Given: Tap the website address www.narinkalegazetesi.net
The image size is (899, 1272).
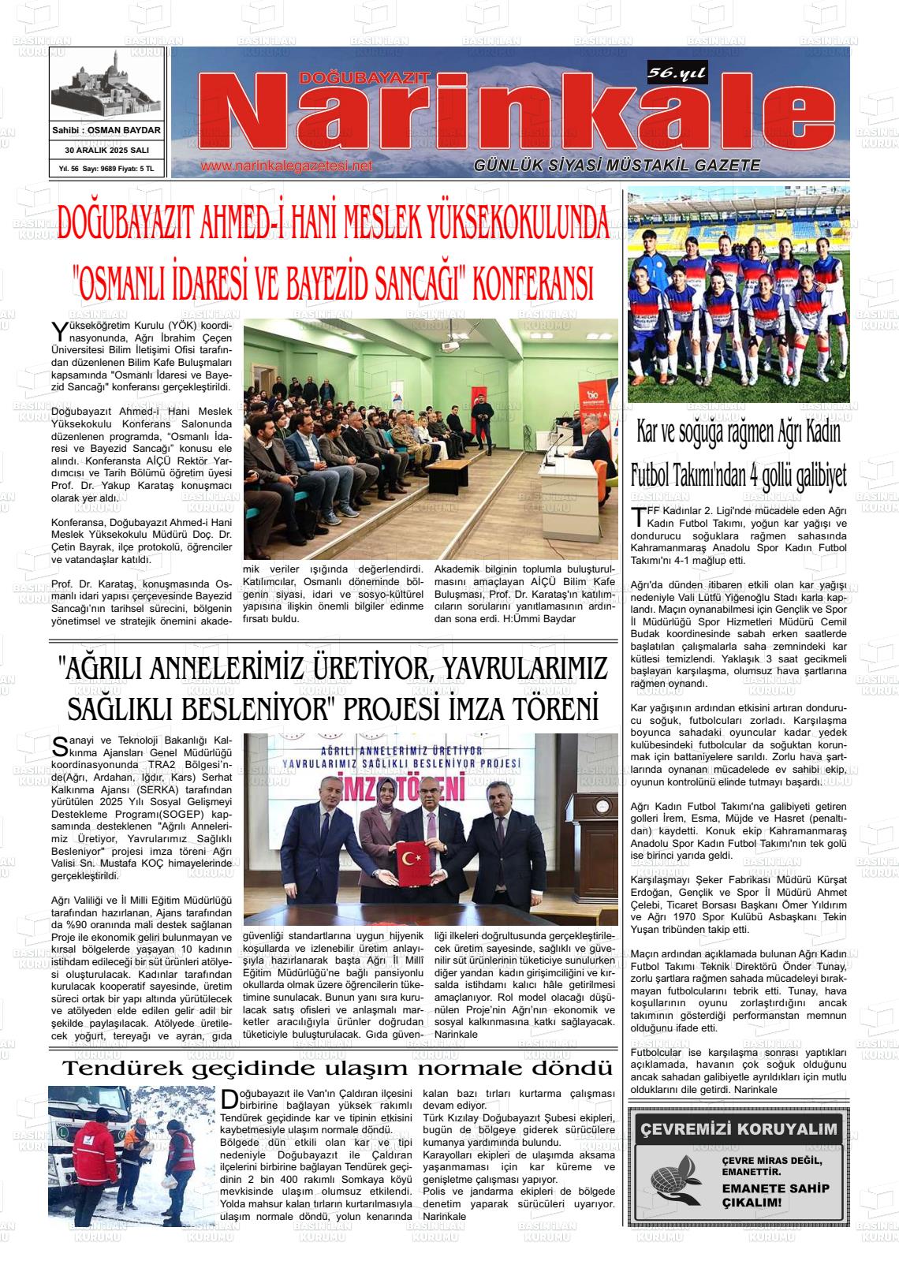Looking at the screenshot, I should click(x=285, y=166).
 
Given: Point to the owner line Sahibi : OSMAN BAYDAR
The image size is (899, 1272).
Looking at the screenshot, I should click(x=106, y=130).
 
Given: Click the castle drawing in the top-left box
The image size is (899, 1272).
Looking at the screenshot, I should click(x=106, y=86).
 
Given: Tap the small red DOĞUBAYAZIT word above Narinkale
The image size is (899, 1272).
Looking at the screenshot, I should click(x=364, y=77).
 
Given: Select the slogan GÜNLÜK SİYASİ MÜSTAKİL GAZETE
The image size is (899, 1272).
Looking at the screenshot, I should click(x=617, y=166).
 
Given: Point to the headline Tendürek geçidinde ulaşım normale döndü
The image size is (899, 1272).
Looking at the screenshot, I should click(x=337, y=1069).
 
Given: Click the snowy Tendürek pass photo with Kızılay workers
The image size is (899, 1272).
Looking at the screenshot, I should click(x=131, y=1154).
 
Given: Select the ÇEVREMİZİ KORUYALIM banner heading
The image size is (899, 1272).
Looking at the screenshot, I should click(x=738, y=1129).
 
